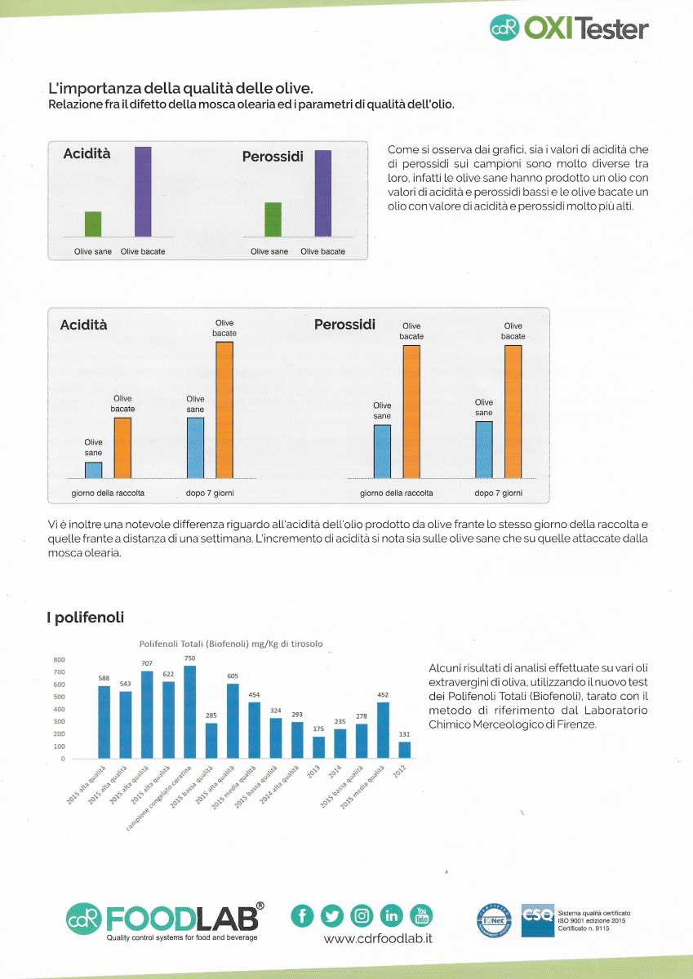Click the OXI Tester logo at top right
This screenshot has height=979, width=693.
tap(569, 28)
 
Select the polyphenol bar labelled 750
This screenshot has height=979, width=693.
tap(189, 711)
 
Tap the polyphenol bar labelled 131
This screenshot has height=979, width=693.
tap(404, 750)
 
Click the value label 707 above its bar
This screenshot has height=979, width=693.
tap(147, 663)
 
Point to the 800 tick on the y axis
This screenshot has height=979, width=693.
tap(59, 659)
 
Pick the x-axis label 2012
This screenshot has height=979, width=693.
tap(400, 772)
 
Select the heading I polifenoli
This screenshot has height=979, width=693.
tap(85, 617)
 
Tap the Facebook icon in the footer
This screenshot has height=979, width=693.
tap(302, 915)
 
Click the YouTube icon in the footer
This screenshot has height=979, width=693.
tap(421, 915)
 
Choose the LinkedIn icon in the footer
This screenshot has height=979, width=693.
tap(391, 915)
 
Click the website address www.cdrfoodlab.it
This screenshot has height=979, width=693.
tap(378, 938)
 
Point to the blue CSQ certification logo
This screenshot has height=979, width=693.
tap(537, 920)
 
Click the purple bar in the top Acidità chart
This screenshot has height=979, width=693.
tap(143, 192)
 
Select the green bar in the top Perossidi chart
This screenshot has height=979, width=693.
tap(273, 219)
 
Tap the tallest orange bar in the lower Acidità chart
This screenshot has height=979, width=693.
tap(224, 410)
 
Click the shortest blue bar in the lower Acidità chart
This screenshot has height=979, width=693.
tap(94, 470)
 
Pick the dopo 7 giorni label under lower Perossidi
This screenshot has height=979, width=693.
tap(499, 493)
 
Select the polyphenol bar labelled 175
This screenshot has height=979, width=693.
tap(318, 747)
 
